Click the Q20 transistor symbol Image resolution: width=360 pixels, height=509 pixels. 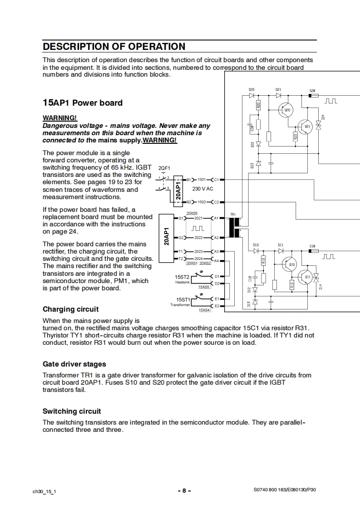coord(286,110)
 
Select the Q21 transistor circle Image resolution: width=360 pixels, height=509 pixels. coord(306,127)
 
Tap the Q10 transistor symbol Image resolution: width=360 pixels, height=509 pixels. coord(290,264)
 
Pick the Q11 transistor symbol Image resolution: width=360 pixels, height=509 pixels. coord(306,278)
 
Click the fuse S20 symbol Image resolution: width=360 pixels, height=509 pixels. coord(313,95)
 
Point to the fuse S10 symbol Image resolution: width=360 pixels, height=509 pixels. coord(313,250)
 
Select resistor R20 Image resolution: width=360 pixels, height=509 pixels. coord(259,105)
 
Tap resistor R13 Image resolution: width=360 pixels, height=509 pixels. coord(292,285)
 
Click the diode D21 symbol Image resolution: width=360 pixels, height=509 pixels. coord(278,95)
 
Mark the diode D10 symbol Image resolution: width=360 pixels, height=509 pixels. coord(256,250)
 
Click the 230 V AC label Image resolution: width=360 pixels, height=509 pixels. coord(203,189)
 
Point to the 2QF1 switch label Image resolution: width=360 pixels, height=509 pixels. coord(164,168)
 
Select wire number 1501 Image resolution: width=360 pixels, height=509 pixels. coord(202,180)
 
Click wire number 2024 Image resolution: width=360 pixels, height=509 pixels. coord(198,259)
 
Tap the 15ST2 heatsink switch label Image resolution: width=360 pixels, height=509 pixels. coord(182,277)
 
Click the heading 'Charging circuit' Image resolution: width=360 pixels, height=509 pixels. coord(70,309)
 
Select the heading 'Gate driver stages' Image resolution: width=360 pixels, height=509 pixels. coord(74,364)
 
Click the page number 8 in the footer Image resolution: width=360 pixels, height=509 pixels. coord(184,490)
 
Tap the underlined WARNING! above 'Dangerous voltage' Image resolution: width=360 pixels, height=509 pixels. coord(60,118)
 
